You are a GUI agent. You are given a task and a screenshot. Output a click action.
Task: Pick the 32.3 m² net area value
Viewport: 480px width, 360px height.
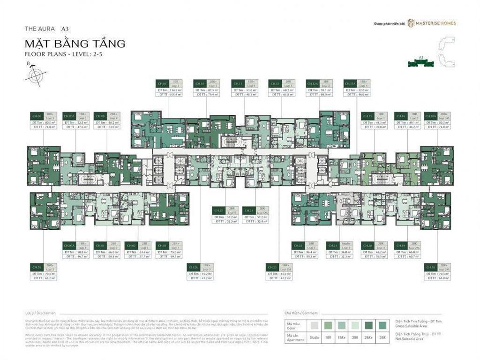click(345, 256)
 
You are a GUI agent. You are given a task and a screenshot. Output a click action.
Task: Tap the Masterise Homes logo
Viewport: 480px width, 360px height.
click(431, 22)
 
